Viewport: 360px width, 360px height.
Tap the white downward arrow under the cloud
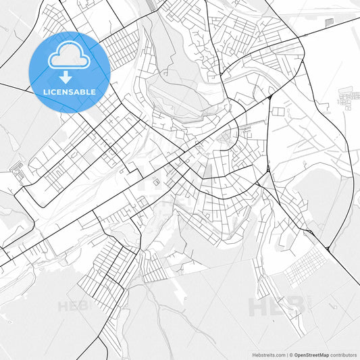tap(70, 77)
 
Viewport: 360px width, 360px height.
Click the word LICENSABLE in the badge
tap(70, 91)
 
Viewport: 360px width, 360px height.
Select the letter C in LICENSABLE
tap(54, 91)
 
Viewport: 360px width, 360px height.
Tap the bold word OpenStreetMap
tap(311, 354)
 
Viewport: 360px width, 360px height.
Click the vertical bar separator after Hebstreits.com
tap(286, 354)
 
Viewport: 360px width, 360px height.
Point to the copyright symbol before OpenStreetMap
tap(290, 354)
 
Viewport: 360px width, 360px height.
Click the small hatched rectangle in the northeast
tap(329, 22)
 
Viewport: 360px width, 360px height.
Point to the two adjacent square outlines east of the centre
tap(157, 181)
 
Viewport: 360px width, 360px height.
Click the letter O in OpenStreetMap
tap(297, 354)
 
